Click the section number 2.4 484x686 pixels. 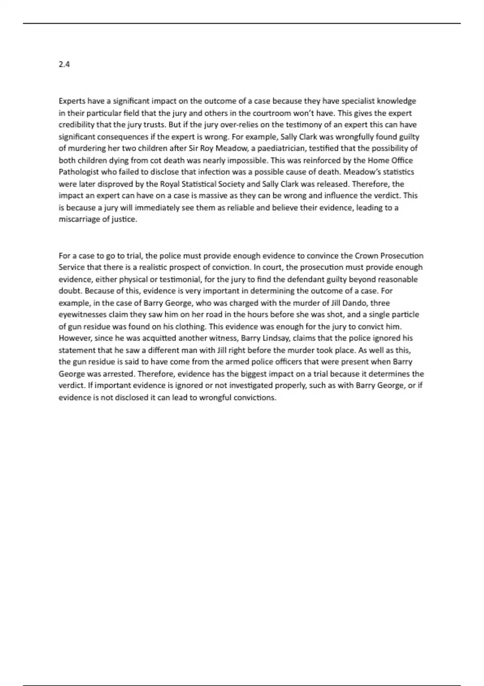click(x=64, y=64)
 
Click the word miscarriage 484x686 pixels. click(x=78, y=220)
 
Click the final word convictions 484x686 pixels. click(x=255, y=397)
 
